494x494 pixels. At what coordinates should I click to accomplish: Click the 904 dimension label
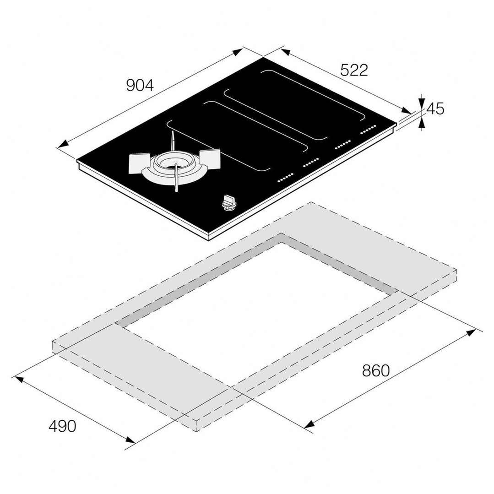click(140, 85)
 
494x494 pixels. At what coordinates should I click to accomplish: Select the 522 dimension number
click(354, 70)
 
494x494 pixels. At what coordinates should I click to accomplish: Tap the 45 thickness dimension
click(435, 109)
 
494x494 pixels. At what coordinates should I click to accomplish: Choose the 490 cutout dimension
click(62, 426)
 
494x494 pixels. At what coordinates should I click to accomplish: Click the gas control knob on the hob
click(229, 202)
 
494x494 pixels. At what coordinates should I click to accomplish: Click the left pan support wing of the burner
click(139, 163)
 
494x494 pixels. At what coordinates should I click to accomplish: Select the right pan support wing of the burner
click(209, 158)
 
